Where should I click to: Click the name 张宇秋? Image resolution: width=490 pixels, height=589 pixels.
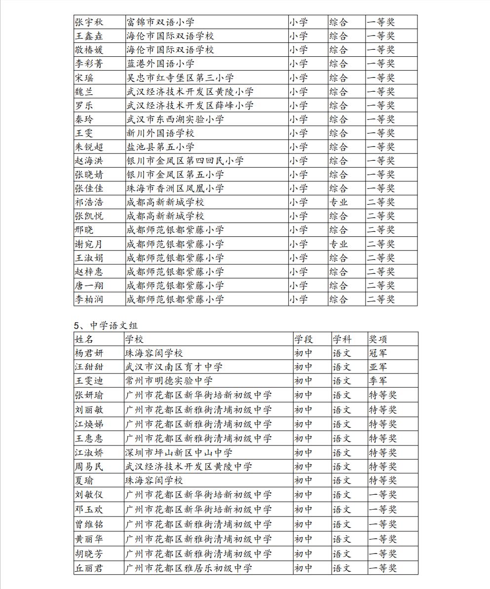point(87,22)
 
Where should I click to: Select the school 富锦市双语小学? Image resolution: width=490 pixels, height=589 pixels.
point(160,22)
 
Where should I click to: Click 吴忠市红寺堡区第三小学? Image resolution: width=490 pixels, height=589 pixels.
point(180,78)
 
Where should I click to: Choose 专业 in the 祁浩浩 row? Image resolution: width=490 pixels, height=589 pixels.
point(339,202)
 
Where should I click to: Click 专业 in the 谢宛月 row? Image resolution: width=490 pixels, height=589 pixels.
point(339,244)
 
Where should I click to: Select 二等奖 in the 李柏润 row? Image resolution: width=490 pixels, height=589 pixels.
point(380,299)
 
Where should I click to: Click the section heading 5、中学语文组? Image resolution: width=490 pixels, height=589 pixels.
point(106,326)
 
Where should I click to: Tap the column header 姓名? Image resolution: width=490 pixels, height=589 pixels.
point(84,339)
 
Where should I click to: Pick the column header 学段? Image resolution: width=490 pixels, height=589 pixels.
point(303,339)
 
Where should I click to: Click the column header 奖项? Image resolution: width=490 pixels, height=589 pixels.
point(378,339)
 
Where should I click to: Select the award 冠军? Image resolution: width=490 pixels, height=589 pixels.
point(378,353)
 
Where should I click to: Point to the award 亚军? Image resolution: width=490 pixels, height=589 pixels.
point(378,367)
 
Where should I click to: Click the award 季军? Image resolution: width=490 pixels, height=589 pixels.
point(378,381)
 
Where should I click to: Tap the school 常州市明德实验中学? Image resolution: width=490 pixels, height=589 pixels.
point(169,381)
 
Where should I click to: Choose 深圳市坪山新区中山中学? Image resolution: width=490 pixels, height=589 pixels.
point(179,453)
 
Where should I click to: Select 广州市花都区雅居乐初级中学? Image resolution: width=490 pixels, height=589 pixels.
point(188,568)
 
